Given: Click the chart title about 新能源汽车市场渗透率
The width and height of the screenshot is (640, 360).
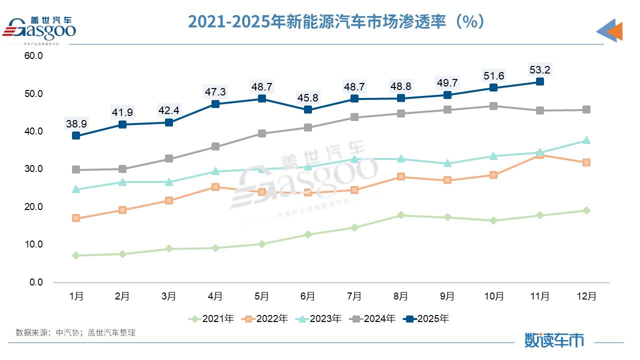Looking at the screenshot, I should click(336, 21).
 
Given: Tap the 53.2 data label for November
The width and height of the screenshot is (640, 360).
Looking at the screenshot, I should click(540, 69).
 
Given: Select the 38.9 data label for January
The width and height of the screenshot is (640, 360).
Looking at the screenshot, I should click(76, 123).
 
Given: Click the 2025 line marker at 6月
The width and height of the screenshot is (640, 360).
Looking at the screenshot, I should click(308, 109).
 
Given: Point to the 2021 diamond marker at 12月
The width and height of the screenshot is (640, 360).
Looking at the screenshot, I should click(586, 210).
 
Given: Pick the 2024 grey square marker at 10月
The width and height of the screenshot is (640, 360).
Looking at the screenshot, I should click(493, 106).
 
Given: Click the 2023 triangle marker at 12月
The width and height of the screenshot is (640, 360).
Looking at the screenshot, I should click(586, 140).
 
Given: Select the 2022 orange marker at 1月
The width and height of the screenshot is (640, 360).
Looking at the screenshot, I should click(76, 218).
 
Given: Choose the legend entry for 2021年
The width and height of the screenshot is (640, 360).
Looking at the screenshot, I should click(211, 318).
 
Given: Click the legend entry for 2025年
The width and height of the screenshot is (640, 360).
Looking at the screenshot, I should click(426, 318).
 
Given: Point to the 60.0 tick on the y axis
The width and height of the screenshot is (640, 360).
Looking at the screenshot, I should click(33, 56).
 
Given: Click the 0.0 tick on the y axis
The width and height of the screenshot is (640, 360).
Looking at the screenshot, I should click(35, 282).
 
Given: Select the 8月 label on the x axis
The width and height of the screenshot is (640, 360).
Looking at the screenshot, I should click(400, 296).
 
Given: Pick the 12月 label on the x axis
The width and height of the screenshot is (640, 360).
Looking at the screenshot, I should click(586, 296).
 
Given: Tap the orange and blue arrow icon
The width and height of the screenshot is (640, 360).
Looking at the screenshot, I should click(610, 31).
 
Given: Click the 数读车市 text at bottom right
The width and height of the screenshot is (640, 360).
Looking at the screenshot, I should click(554, 340).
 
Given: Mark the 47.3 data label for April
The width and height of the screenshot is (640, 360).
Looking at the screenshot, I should click(215, 92).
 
